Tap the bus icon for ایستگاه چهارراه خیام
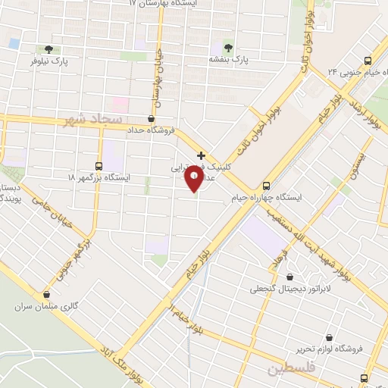[x=266, y=186]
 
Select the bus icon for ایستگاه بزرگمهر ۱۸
[x=99, y=166]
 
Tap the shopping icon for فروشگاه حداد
[x=151, y=118]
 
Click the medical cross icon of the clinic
[x=201, y=155]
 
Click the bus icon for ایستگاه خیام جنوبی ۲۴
[x=368, y=61]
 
